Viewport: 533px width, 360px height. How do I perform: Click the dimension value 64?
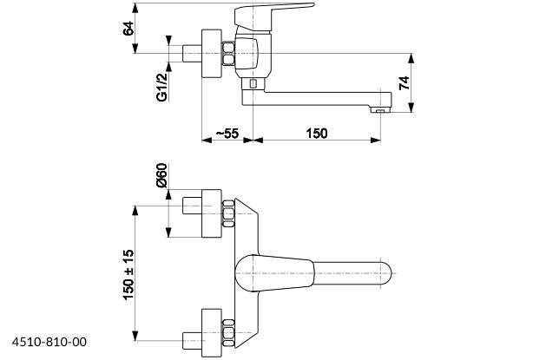[128, 27]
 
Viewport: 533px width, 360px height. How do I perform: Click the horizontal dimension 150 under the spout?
[317, 133]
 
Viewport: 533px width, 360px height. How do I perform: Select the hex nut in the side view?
[229, 52]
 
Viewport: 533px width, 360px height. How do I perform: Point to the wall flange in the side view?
[212, 54]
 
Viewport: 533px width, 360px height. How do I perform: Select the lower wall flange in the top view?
[212, 331]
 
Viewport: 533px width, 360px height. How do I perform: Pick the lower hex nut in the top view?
[229, 331]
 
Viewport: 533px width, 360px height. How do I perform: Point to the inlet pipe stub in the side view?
[191, 54]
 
